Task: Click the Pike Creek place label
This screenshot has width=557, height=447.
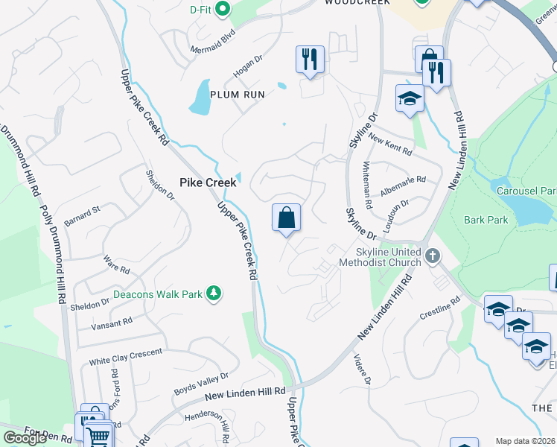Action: pos(209,182)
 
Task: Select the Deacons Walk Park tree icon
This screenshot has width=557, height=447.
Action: pos(214,294)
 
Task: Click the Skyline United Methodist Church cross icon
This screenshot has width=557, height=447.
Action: pos(433,257)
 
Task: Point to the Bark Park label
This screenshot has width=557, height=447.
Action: pos(486,220)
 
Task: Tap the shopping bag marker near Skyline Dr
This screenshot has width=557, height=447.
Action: pos(287,219)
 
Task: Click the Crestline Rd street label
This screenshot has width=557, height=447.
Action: pos(436,308)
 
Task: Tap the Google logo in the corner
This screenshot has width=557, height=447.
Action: pos(25,438)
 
